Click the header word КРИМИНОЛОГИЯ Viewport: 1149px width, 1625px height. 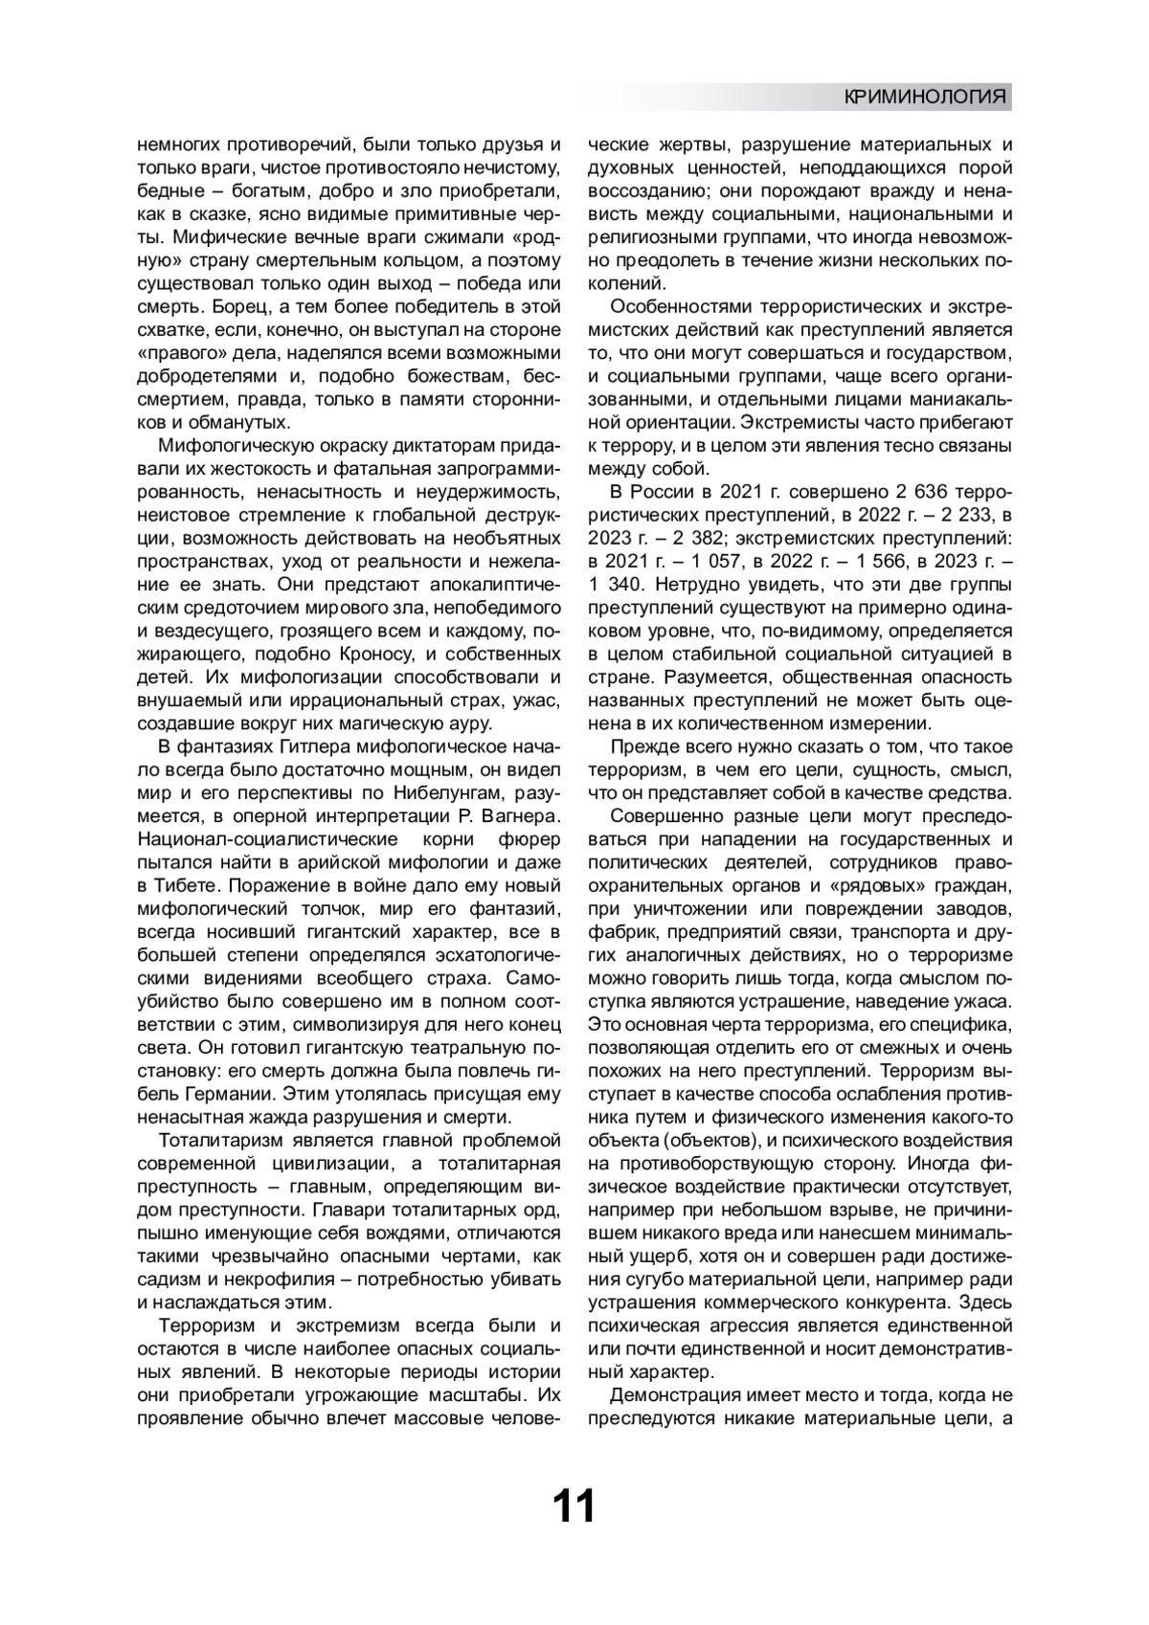(x=925, y=98)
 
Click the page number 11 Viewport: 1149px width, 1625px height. (x=574, y=1505)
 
